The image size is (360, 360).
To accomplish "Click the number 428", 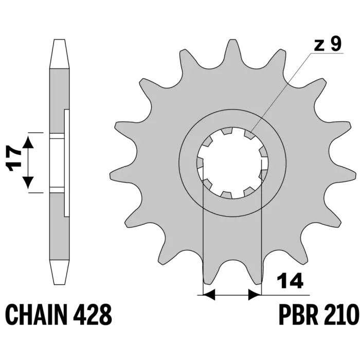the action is (93, 314).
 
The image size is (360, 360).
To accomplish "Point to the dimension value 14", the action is (290, 281).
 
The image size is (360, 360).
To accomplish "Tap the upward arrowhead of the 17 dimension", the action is (28, 142).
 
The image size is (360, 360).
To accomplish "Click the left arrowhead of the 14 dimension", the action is (209, 295).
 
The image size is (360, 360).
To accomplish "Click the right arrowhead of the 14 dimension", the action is (255, 295).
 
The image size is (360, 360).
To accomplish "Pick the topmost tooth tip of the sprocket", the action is (232, 40).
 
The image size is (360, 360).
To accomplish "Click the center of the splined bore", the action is (232, 163).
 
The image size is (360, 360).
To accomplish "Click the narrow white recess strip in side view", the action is (66, 163).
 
